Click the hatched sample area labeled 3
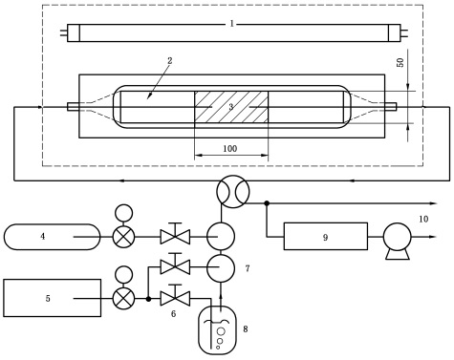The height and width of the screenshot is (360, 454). (231, 107)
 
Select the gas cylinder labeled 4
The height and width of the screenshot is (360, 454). (52, 237)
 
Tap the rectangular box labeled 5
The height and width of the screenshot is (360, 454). (52, 298)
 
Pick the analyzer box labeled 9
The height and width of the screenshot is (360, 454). (325, 236)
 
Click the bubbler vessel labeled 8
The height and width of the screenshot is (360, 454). (218, 329)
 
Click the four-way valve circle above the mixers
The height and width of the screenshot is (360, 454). (233, 191)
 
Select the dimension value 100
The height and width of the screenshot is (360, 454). (230, 149)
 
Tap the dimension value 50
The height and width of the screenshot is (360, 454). (400, 62)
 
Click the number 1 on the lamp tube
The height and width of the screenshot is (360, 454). (232, 24)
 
